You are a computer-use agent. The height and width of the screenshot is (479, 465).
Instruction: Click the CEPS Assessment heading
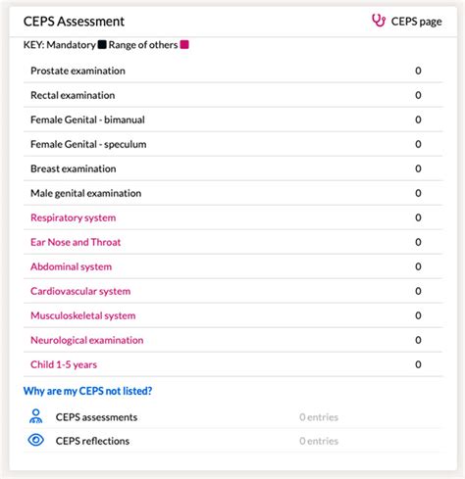(74, 21)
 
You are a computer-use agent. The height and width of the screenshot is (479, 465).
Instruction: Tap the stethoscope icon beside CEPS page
(379, 21)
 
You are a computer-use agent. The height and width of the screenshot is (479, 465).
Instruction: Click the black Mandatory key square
(102, 45)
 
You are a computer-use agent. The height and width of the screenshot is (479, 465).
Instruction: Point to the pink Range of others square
(184, 45)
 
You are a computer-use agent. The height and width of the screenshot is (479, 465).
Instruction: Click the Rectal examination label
(73, 95)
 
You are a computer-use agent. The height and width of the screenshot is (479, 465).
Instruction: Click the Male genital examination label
(85, 193)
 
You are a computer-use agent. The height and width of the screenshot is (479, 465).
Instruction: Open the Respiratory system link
(73, 217)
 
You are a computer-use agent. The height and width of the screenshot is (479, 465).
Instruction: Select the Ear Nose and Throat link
(76, 242)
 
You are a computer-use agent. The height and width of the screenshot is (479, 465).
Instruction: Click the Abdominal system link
(71, 266)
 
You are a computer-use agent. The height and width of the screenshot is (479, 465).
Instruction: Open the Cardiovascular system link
(80, 291)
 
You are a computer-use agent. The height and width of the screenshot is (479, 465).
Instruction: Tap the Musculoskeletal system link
(82, 315)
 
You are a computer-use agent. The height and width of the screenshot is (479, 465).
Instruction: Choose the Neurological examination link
(86, 340)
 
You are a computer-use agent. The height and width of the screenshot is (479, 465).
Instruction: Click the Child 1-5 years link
(64, 364)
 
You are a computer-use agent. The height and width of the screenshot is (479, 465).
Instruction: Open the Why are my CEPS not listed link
(87, 391)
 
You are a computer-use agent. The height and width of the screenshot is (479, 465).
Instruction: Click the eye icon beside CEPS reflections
(36, 440)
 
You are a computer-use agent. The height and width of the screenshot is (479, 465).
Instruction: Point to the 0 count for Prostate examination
(418, 71)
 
